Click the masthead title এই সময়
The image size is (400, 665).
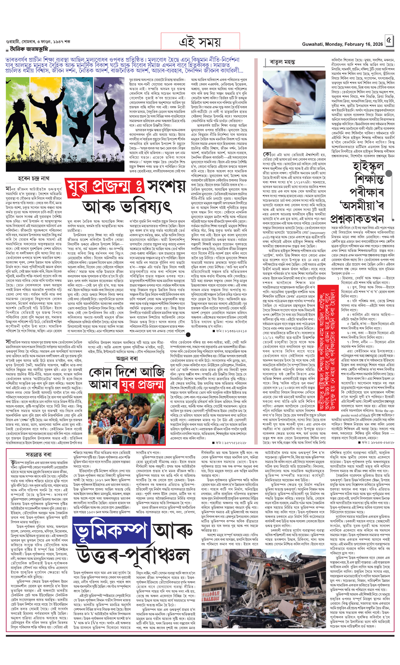pyautogui.click(x=200, y=42)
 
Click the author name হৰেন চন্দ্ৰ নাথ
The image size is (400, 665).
pyautogui.click(x=34, y=178)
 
